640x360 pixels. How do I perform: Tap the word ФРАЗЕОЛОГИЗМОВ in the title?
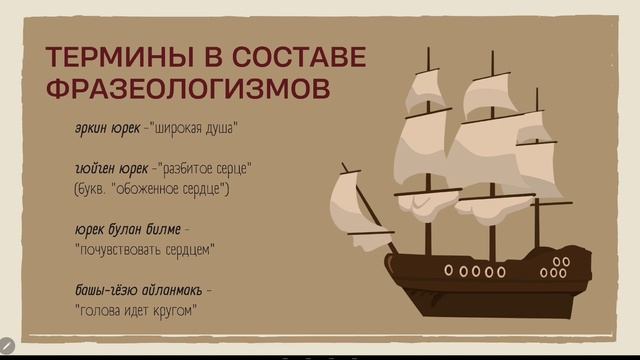187,88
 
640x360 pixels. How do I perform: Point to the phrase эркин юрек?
107,128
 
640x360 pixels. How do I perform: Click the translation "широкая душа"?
196,128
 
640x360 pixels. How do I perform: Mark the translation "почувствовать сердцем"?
145,248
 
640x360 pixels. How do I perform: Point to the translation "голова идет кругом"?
135,310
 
